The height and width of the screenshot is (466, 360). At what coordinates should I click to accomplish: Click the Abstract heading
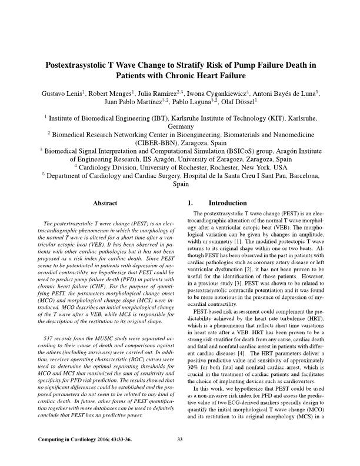[105, 203]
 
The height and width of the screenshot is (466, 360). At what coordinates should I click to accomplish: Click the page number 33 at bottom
[180, 439]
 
